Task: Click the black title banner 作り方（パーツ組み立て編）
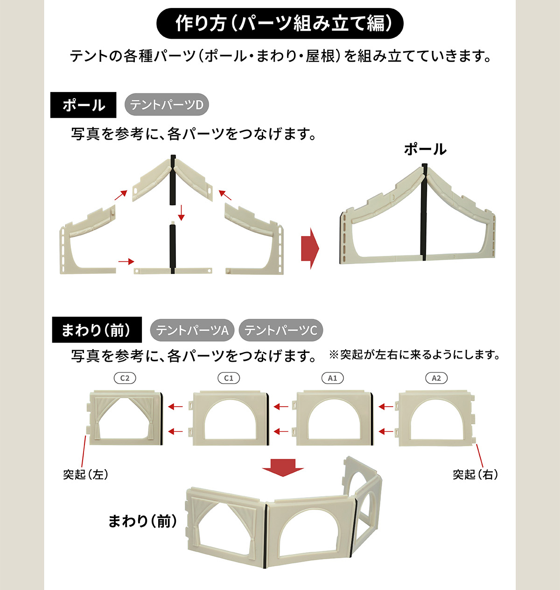pos(280,23)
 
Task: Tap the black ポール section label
pos(83,105)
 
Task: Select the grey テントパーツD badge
pos(167,105)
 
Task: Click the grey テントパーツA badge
pos(192,330)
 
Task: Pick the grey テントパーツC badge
pos(280,330)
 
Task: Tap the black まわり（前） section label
pos(97,330)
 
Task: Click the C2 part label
pos(125,378)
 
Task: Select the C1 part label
pos(229,378)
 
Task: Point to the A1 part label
pos(333,378)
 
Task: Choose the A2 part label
pos(436,378)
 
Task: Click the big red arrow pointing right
pos(310,248)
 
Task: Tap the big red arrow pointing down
pos(283,468)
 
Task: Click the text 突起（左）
pos(85,474)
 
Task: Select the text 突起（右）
pos(476,474)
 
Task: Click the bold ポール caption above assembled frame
pos(425,149)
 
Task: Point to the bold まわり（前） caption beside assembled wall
pos(142,521)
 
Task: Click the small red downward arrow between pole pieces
pos(181,213)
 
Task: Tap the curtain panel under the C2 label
pos(125,418)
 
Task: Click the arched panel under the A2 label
pos(437,418)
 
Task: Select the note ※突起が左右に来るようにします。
pos(414,355)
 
